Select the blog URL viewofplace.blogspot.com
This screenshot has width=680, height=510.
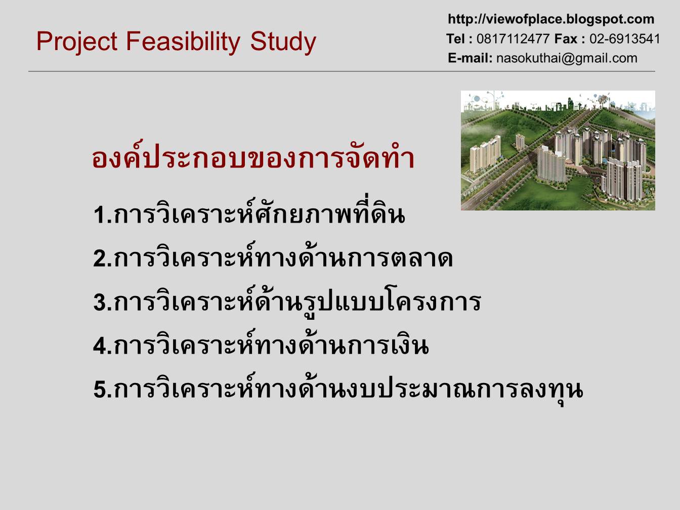[551, 19]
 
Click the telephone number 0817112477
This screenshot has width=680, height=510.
[513, 39]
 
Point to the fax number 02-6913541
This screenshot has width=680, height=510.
[624, 39]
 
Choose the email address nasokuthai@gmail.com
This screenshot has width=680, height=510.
[567, 58]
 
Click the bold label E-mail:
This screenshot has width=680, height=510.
[470, 58]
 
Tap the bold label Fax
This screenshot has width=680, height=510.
[566, 39]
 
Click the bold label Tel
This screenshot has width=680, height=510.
[455, 39]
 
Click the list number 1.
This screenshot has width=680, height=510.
[100, 215]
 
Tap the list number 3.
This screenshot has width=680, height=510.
[100, 302]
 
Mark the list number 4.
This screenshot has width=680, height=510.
[100, 346]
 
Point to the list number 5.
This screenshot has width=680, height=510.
[100, 390]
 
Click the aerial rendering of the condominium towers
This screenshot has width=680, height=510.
[558, 150]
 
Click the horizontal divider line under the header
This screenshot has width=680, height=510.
[342, 71]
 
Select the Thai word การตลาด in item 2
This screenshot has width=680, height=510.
[400, 259]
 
